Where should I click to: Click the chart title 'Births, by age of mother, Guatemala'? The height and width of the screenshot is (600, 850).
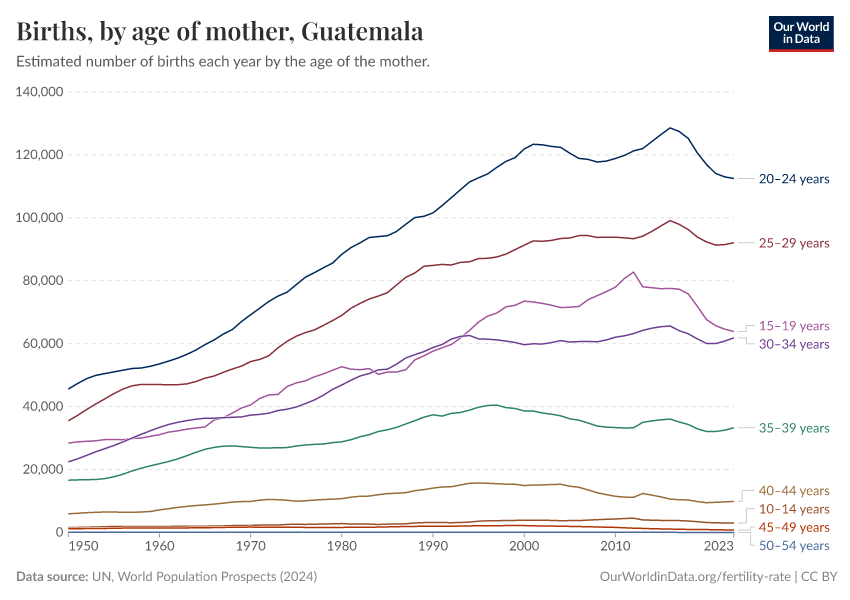coord(219,31)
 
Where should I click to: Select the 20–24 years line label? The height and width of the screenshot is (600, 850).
coord(794,179)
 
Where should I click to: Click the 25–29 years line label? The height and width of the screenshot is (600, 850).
coord(794,243)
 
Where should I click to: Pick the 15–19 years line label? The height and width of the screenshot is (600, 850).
coord(794,326)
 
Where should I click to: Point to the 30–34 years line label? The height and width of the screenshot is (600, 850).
coord(794,344)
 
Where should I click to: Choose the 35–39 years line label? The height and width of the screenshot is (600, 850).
coord(794,428)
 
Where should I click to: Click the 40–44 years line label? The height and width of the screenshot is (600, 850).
coord(794,491)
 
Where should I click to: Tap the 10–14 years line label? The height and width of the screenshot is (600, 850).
coord(794,509)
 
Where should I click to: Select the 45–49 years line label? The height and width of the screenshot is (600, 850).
coord(794,527)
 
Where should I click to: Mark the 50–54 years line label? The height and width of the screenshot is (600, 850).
coord(794,545)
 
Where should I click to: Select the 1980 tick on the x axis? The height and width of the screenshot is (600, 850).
coord(342,547)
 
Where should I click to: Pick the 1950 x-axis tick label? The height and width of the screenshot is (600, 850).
coord(83,547)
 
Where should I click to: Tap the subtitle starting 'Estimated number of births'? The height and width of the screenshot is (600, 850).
coord(223,62)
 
